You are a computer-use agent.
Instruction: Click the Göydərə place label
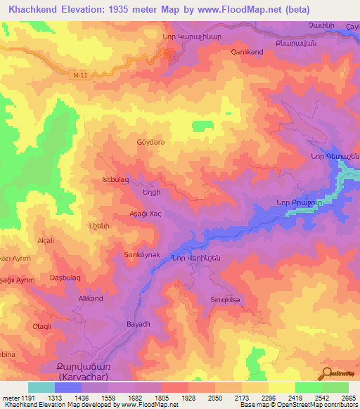[150, 141]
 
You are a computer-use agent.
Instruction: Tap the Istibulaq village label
[115, 180]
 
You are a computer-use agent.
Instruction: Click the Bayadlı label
[139, 325]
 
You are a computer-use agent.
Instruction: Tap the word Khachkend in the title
[36, 9]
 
